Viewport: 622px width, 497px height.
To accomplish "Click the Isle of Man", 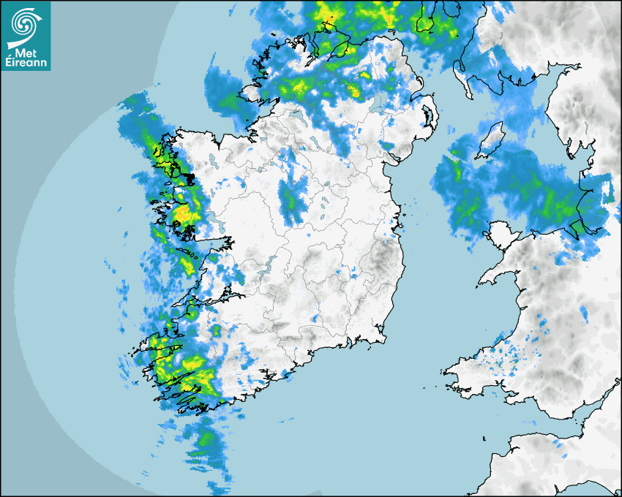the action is tap(491, 140).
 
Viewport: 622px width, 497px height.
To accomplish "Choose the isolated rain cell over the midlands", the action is tap(292, 197).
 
